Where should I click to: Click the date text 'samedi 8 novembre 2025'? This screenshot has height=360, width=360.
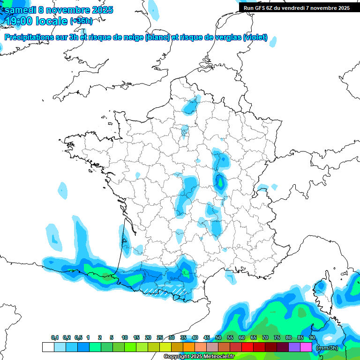click(59, 10)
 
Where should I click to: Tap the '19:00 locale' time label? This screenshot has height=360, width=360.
click(36, 21)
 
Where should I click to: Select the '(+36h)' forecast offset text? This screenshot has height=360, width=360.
click(82, 21)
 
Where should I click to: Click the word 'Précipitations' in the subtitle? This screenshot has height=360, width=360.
click(28, 37)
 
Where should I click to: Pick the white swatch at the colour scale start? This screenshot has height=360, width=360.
click(48, 347)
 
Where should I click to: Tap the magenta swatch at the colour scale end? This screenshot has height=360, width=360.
click(306, 347)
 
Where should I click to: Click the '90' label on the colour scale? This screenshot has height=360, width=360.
click(312, 337)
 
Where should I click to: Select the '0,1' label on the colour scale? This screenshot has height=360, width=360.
click(55, 337)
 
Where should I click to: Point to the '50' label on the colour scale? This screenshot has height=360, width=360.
click(218, 337)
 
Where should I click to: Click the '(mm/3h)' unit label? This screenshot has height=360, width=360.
click(327, 348)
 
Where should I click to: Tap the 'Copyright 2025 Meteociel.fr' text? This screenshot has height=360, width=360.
click(199, 357)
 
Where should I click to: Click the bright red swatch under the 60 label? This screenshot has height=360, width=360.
click(247, 347)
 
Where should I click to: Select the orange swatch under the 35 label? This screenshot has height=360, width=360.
click(189, 347)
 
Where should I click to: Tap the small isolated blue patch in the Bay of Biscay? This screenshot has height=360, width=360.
click(63, 190)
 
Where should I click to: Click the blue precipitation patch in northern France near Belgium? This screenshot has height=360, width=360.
click(190, 107)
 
